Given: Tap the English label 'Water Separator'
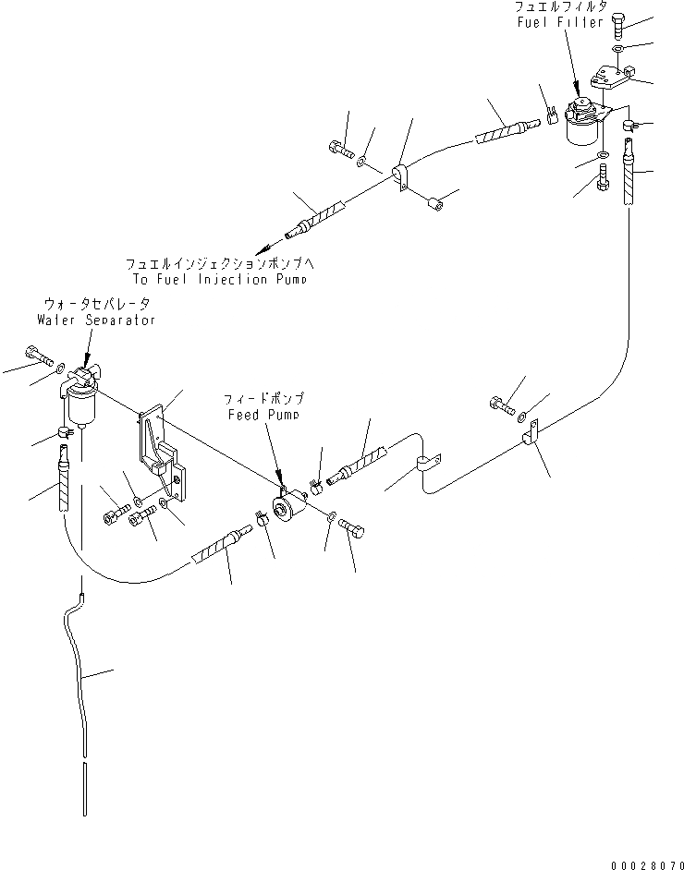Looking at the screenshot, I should [96, 320].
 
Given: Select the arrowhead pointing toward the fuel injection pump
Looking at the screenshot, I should [266, 247].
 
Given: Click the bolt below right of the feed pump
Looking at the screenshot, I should [354, 528].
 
